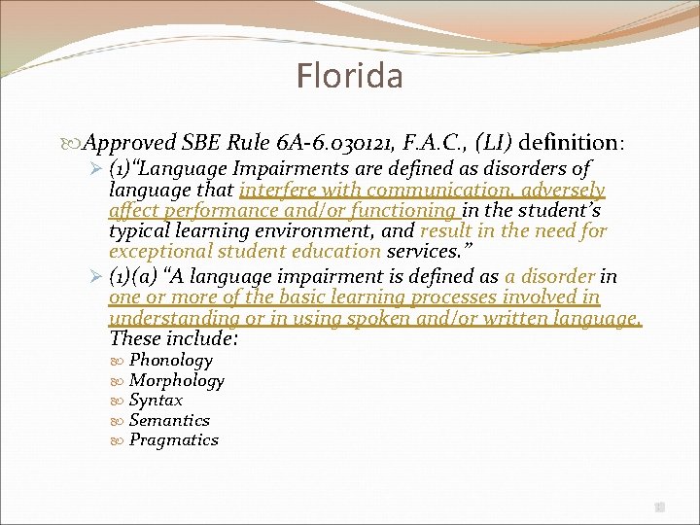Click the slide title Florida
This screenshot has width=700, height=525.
pyautogui.click(x=350, y=75)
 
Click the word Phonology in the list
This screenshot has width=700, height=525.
pyautogui.click(x=170, y=361)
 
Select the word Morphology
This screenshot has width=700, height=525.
pyautogui.click(x=176, y=381)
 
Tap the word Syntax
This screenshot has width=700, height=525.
pyautogui.click(x=156, y=401)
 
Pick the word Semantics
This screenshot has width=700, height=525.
pyautogui.click(x=169, y=420)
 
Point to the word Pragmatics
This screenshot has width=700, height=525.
pyautogui.click(x=173, y=439)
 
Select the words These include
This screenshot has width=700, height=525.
pyautogui.click(x=174, y=339)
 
